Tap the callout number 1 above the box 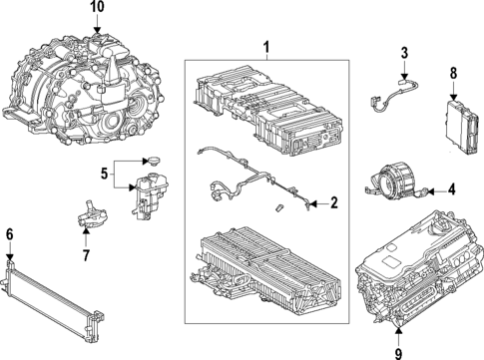(266, 47)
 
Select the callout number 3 (404, 53)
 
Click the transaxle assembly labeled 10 (75, 80)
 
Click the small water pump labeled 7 (89, 219)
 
